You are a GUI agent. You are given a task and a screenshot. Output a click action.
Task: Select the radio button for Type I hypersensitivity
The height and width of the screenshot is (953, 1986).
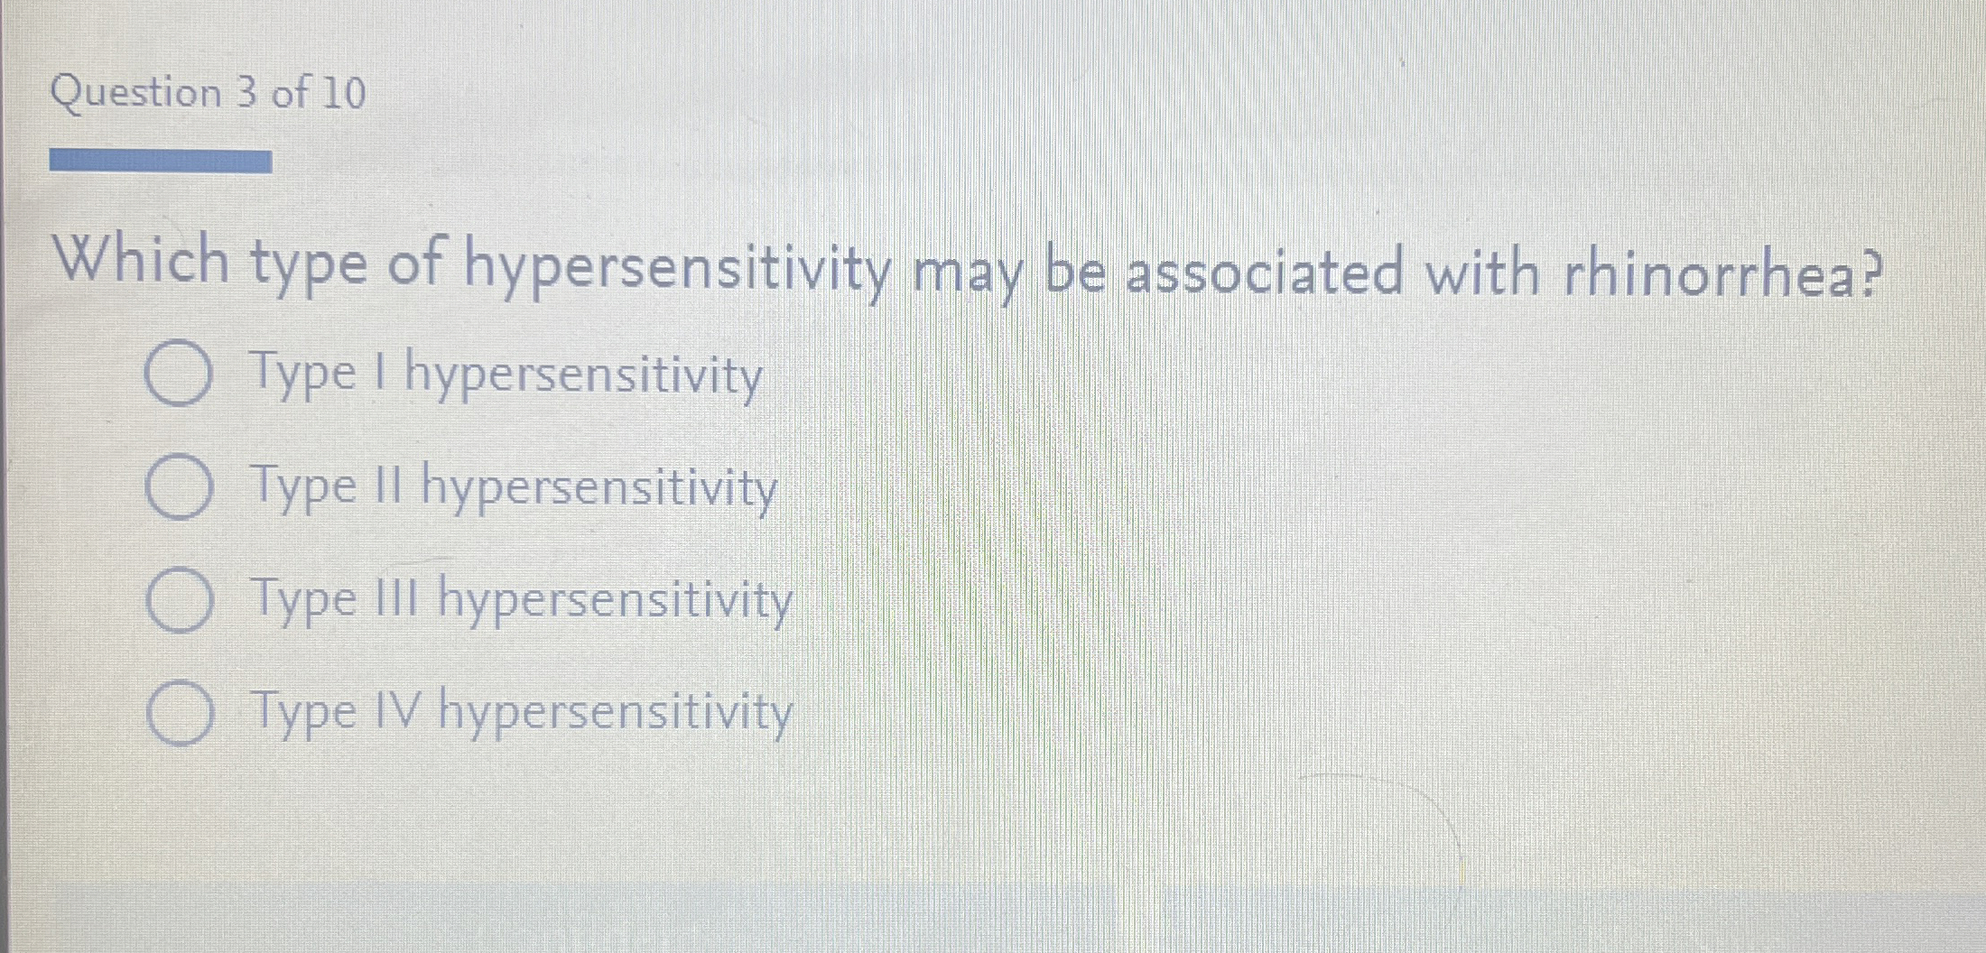tap(179, 374)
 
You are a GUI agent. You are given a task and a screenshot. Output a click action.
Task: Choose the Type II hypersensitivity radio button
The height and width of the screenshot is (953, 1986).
tap(179, 487)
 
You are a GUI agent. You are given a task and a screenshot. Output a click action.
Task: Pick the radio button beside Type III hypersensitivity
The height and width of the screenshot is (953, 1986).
tap(179, 600)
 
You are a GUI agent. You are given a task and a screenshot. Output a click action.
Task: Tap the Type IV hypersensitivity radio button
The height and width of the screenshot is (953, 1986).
tap(179, 713)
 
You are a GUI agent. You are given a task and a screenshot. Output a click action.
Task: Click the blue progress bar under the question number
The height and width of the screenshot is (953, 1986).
tap(161, 162)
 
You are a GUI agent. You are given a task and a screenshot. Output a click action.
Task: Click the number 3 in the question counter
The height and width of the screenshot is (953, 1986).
tap(246, 93)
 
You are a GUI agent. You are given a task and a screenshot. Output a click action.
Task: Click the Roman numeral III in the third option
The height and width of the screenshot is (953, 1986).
tap(396, 597)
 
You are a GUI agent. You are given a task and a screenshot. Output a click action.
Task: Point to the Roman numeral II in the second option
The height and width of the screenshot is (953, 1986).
tap(386, 486)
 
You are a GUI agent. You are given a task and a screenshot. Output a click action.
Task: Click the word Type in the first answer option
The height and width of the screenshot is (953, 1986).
tap(304, 375)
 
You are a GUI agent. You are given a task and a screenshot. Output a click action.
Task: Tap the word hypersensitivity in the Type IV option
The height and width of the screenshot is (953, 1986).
tap(616, 713)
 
